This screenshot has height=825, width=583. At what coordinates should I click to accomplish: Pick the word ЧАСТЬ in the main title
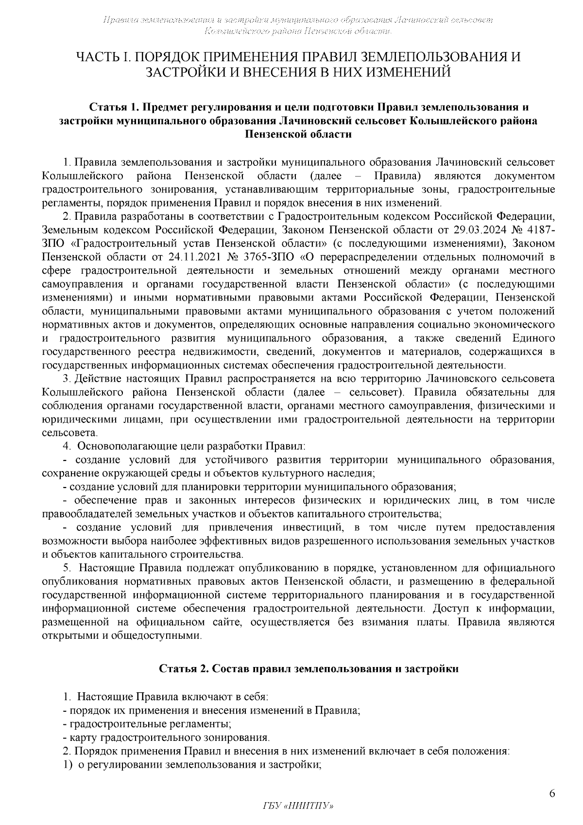click(97, 57)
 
